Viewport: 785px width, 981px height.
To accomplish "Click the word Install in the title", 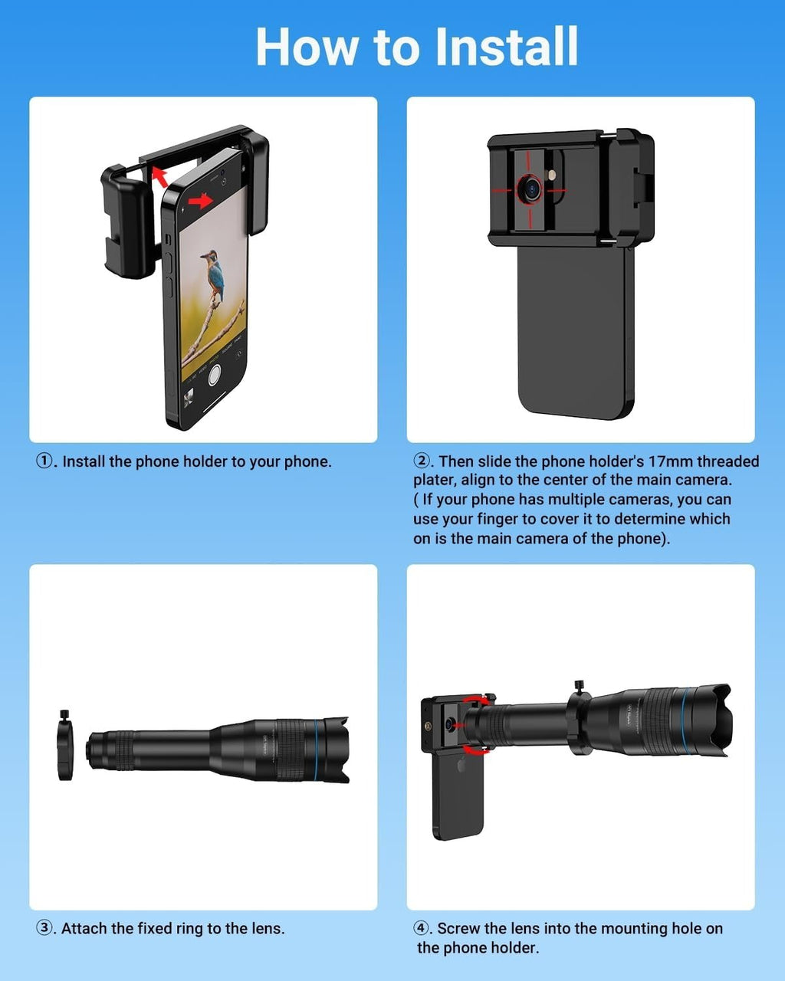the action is [507, 47].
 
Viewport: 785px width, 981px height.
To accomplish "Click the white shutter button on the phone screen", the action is [214, 376].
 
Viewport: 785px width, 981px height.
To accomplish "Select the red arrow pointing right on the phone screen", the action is [201, 200].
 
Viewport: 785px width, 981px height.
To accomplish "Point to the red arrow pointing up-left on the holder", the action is [159, 177].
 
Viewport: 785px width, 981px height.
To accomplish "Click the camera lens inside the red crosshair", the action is [531, 188].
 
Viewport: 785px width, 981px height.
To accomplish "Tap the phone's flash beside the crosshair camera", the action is [553, 175].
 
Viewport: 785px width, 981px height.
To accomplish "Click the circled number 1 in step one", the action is [44, 461].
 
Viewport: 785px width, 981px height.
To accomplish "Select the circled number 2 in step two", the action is [421, 461].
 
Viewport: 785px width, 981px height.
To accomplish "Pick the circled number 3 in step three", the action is [44, 928].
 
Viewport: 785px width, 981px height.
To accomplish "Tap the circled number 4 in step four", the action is [421, 928].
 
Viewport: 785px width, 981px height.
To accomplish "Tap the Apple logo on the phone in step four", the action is [461, 766].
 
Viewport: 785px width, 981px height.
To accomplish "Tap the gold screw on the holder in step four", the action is [428, 725].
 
